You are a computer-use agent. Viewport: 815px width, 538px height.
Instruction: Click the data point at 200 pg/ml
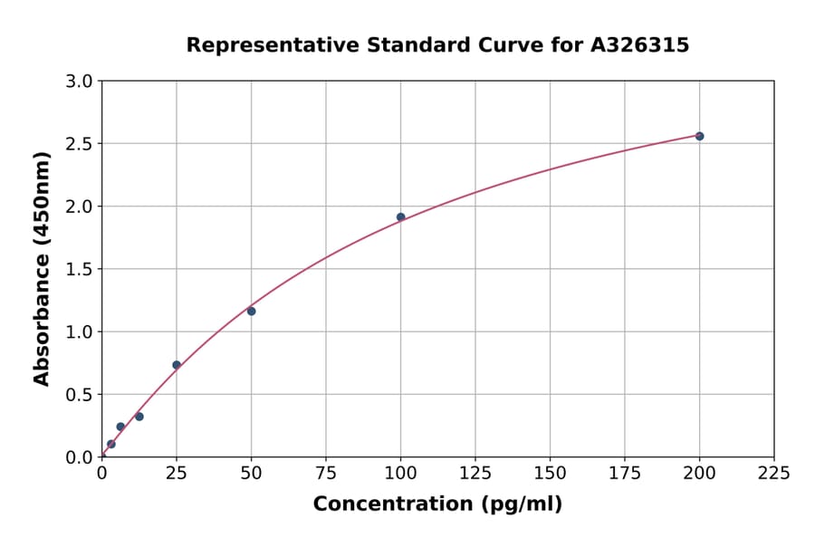pyautogui.click(x=699, y=136)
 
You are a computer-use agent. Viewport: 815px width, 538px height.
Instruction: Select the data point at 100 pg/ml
pyautogui.click(x=400, y=217)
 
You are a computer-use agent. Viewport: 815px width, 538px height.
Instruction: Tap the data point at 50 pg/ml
pyautogui.click(x=251, y=312)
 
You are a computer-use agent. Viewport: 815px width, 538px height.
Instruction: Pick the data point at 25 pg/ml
pyautogui.click(x=177, y=365)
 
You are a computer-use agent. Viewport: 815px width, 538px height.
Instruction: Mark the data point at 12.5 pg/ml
pyautogui.click(x=139, y=417)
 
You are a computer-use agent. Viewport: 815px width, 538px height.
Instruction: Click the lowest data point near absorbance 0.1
pyautogui.click(x=111, y=445)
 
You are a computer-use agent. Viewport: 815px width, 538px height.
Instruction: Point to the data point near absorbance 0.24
pyautogui.click(x=120, y=427)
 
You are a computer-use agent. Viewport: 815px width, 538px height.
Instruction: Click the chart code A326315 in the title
pyautogui.click(x=640, y=45)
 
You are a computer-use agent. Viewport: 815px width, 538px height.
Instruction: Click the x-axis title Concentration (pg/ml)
pyautogui.click(x=437, y=504)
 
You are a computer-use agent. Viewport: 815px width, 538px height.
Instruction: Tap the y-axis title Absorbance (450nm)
pyautogui.click(x=42, y=268)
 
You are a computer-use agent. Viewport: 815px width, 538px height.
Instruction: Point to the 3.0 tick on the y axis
pyautogui.click(x=81, y=82)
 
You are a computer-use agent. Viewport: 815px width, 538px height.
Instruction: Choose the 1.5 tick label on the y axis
pyautogui.click(x=81, y=269)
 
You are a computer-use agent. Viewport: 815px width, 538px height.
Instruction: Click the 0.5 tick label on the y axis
pyautogui.click(x=81, y=395)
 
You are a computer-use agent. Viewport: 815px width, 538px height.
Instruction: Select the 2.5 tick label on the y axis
pyautogui.click(x=81, y=144)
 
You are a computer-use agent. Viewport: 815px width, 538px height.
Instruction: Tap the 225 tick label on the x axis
pyautogui.click(x=774, y=473)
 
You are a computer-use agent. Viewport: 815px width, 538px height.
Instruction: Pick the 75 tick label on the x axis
pyautogui.click(x=326, y=473)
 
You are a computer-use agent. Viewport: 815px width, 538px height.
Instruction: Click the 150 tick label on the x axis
pyautogui.click(x=550, y=473)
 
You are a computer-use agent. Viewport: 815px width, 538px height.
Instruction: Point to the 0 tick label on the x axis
pyautogui.click(x=102, y=473)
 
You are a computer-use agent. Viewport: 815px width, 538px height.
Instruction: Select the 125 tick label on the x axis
pyautogui.click(x=475, y=473)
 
